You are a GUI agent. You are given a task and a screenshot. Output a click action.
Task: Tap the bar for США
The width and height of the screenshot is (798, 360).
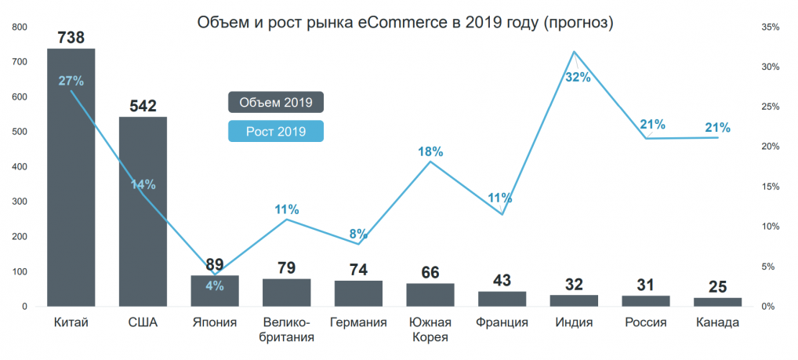143,212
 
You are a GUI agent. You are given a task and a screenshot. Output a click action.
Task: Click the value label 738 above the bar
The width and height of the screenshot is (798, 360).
71,37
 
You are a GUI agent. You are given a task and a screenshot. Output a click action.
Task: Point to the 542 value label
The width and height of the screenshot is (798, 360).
143,105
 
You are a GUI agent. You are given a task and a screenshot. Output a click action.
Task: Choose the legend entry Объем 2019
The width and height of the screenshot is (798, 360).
276,103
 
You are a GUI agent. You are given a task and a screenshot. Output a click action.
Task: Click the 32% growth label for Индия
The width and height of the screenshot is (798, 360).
578,77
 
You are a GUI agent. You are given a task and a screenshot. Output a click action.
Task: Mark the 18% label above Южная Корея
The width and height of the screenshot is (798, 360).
430,151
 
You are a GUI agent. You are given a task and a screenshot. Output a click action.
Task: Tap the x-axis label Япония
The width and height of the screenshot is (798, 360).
214,322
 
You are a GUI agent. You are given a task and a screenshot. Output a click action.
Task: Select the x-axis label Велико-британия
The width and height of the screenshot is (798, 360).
286,329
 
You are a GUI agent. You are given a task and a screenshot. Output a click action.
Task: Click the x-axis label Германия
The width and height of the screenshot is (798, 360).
358,322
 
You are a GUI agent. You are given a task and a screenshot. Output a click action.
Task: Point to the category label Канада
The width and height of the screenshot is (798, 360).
717,322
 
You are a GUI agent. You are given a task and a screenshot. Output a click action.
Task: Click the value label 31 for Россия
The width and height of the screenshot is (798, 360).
645,285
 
